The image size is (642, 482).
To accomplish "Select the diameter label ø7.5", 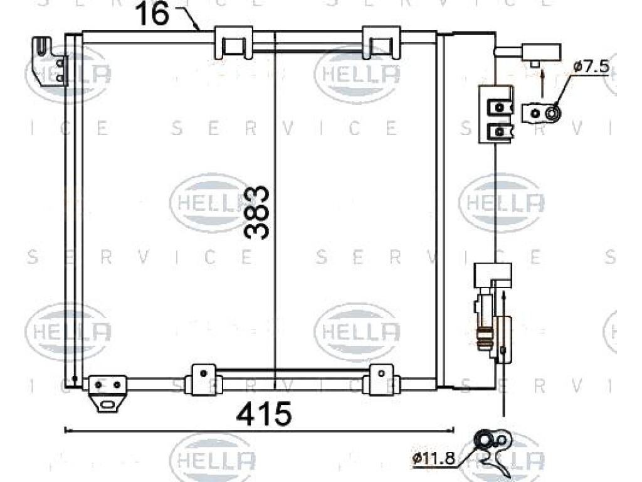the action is [591, 66].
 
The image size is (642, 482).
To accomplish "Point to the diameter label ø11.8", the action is [433, 458].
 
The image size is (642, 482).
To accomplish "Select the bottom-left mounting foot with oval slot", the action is [107, 393].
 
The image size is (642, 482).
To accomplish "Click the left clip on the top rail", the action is [233, 42].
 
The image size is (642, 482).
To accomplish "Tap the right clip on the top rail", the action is [381, 42].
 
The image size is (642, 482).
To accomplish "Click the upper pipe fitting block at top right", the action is [541, 53].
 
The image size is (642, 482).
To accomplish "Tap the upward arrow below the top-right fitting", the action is [543, 84].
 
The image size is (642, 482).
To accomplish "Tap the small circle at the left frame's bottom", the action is [74, 378].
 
